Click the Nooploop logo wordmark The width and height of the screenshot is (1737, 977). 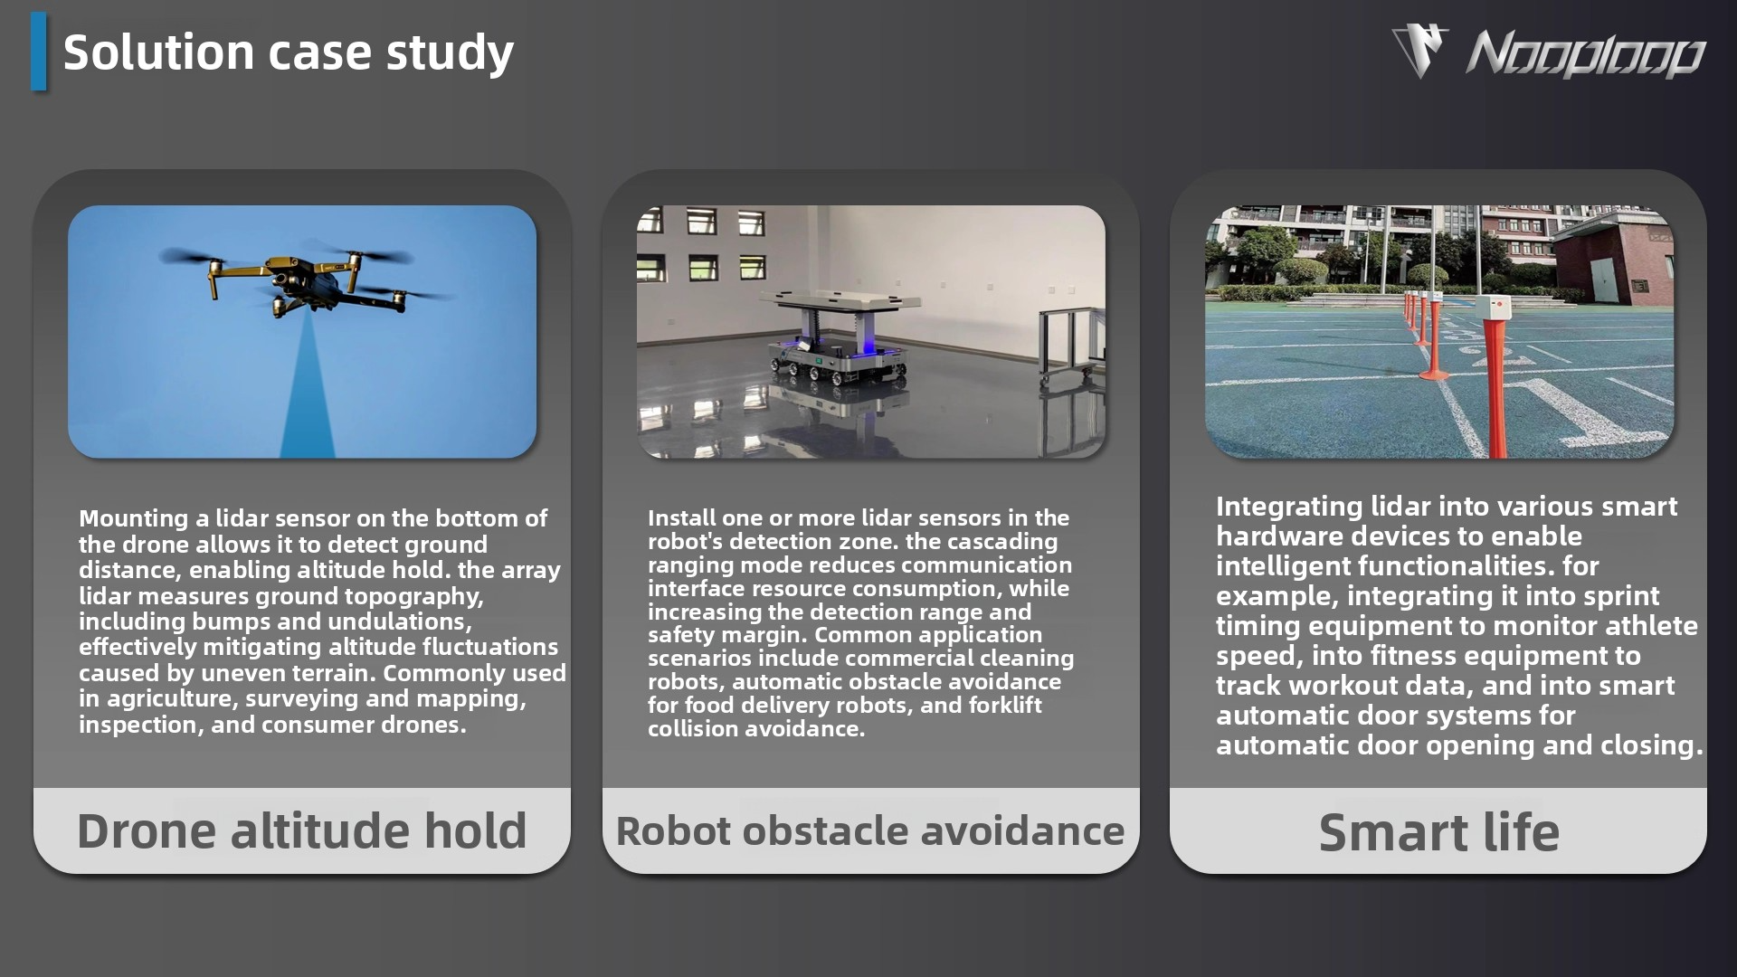(x=1585, y=54)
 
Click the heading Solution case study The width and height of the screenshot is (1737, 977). (x=289, y=52)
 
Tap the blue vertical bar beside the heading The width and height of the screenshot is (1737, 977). (x=38, y=52)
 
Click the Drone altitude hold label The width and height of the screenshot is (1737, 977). (x=301, y=830)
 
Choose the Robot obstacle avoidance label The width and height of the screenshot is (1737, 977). (x=870, y=830)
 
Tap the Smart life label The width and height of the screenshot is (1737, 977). (x=1438, y=832)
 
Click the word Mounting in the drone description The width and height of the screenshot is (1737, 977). (x=133, y=519)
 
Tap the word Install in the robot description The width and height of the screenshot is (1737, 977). (x=678, y=517)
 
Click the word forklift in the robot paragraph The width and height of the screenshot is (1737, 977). (x=1004, y=705)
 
